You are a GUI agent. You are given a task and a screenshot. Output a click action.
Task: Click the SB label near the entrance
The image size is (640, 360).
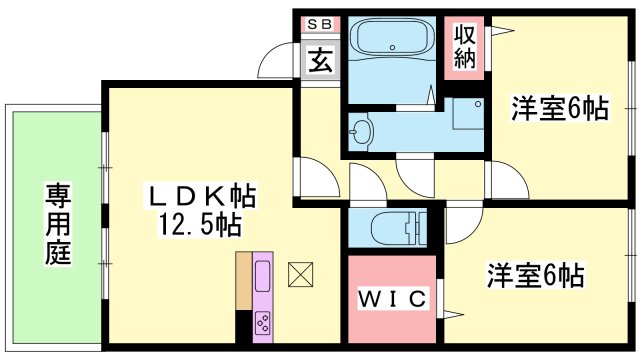coord(320,24)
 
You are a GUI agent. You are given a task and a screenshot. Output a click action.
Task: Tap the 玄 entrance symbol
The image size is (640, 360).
coord(320,61)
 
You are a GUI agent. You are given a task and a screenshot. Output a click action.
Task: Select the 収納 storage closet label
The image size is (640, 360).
coord(466,45)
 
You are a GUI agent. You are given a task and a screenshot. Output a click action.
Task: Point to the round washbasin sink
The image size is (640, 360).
coord(362,128)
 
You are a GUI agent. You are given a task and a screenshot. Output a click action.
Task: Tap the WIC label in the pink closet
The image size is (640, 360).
coord(392,298)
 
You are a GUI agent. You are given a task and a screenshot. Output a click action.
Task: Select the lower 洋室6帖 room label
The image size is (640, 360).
coord(536,273)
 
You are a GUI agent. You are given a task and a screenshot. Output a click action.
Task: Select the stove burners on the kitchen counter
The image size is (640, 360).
coord(265,322)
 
